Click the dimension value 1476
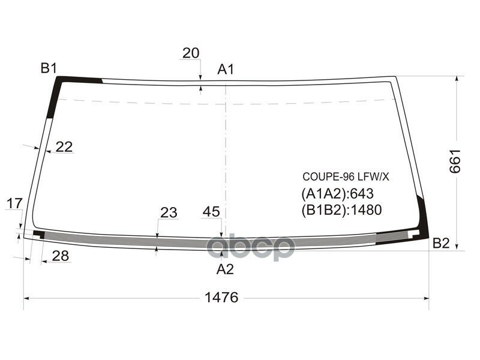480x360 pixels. coord(221,297)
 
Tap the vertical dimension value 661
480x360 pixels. coord(455,161)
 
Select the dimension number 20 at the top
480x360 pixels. coord(191,53)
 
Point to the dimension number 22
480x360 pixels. coord(64,147)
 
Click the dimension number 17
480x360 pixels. coord(14,203)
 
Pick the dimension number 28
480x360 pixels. coord(61,256)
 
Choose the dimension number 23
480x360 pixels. coord(169,212)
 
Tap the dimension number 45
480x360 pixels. coord(211,212)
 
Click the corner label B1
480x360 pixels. coord(49,68)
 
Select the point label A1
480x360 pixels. coord(226,70)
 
